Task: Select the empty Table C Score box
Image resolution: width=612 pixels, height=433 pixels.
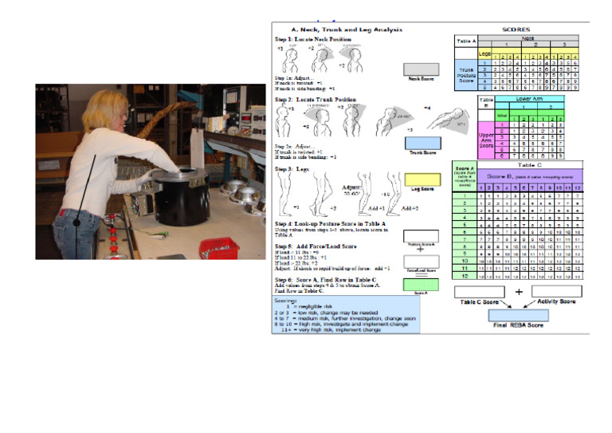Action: [x=480, y=291]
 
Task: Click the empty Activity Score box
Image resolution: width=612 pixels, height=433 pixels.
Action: [x=579, y=291]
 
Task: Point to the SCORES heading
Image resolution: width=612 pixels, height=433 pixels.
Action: [x=522, y=30]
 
